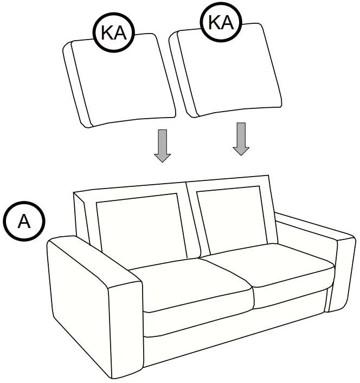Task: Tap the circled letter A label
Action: pos(24,222)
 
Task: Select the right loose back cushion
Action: pos(228,73)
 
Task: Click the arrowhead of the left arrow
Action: pos(162,157)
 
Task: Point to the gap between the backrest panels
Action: pos(189,217)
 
